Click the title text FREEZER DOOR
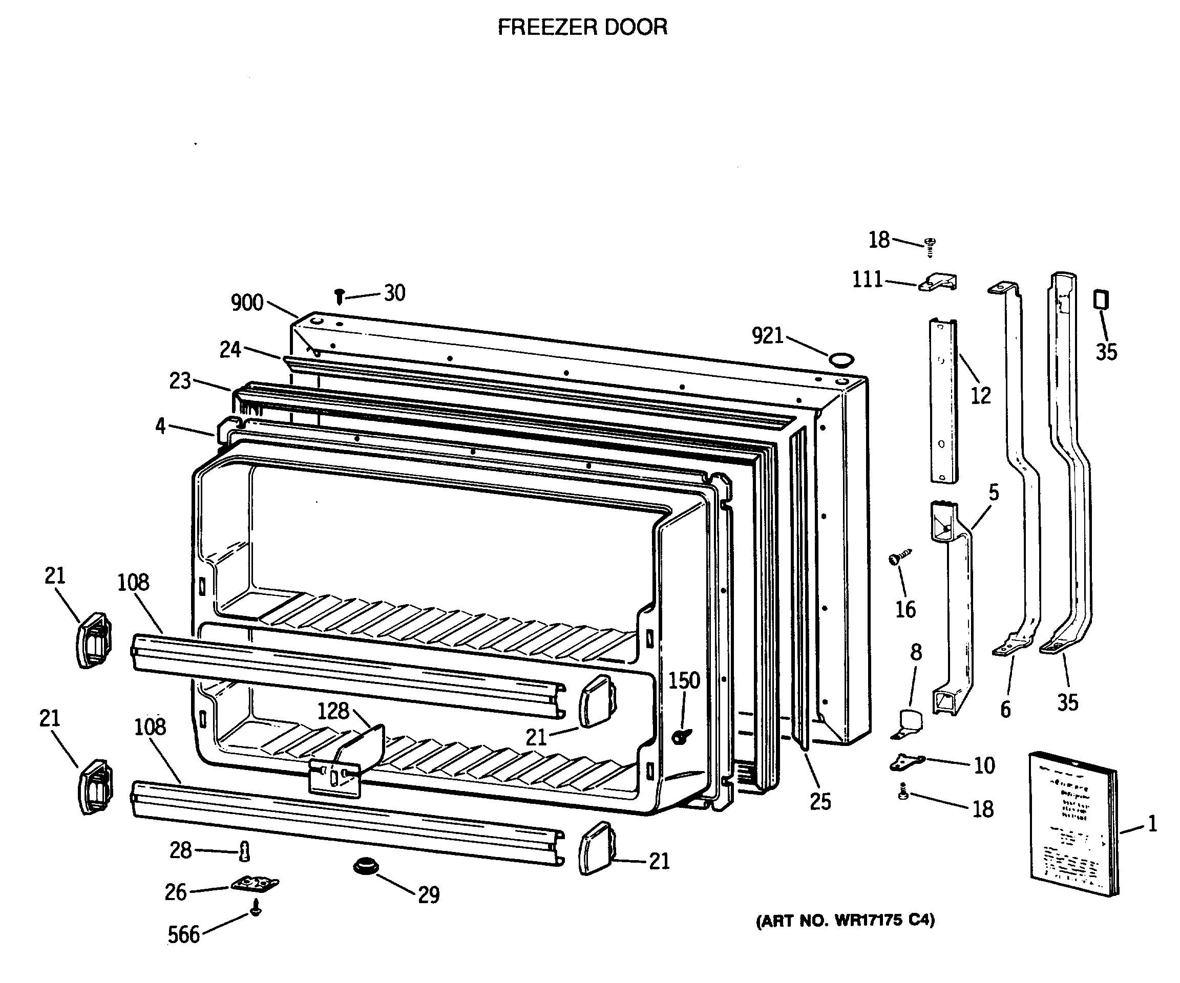(x=583, y=27)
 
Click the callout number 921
(x=768, y=336)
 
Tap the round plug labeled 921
(x=841, y=360)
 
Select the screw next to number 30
(x=340, y=296)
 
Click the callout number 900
(x=247, y=303)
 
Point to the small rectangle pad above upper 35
(x=1101, y=300)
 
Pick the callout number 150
(x=684, y=681)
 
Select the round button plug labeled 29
(x=366, y=866)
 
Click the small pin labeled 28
(x=244, y=851)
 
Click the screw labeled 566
(x=256, y=907)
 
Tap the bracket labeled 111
(x=938, y=282)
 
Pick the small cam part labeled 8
(x=909, y=724)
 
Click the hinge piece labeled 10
(x=907, y=762)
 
